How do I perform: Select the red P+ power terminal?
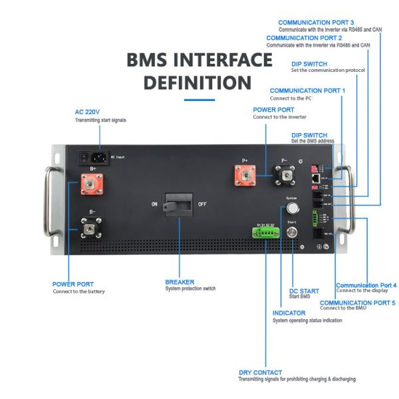pyautogui.click(x=245, y=176)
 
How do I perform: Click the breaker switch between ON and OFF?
pyautogui.click(x=179, y=204)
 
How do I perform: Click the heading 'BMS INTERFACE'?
pyautogui.click(x=199, y=60)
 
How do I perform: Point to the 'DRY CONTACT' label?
pyautogui.click(x=260, y=372)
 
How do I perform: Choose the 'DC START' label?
pyautogui.click(x=305, y=291)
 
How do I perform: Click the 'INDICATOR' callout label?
pyautogui.click(x=289, y=313)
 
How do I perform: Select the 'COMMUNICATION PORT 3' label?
pyautogui.click(x=316, y=23)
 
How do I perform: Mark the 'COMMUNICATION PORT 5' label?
pyautogui.click(x=357, y=302)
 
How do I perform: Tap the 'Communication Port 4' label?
pyautogui.click(x=366, y=285)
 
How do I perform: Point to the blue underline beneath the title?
pyautogui.click(x=199, y=100)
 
